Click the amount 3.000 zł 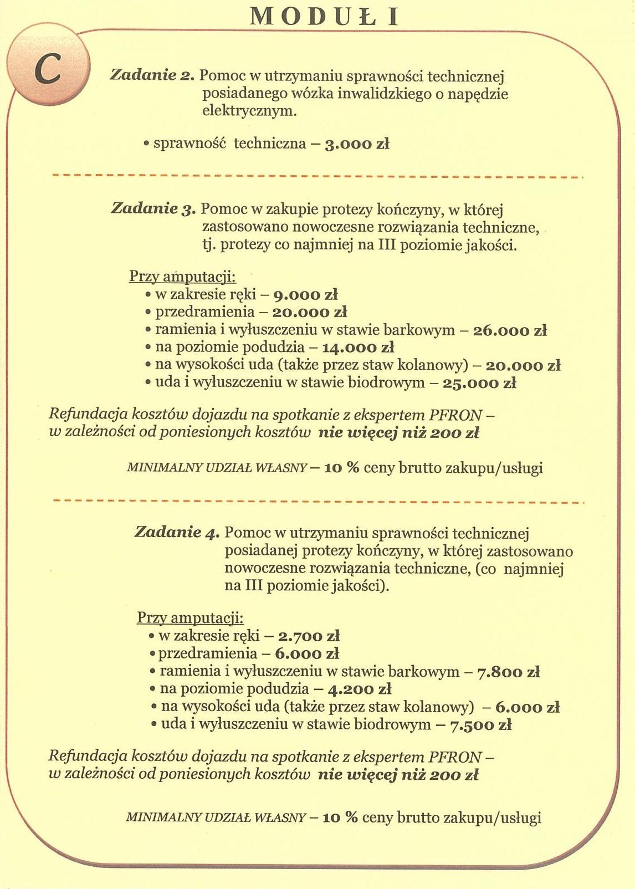coord(357,144)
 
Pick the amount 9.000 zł coord(306,295)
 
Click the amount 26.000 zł coord(510,330)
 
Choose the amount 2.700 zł coord(309,636)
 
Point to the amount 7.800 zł coord(508,672)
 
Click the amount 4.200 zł coord(360,689)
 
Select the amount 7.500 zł coord(480,725)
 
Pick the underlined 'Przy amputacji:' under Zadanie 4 coord(190,618)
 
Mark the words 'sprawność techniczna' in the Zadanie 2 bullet coord(229,144)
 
